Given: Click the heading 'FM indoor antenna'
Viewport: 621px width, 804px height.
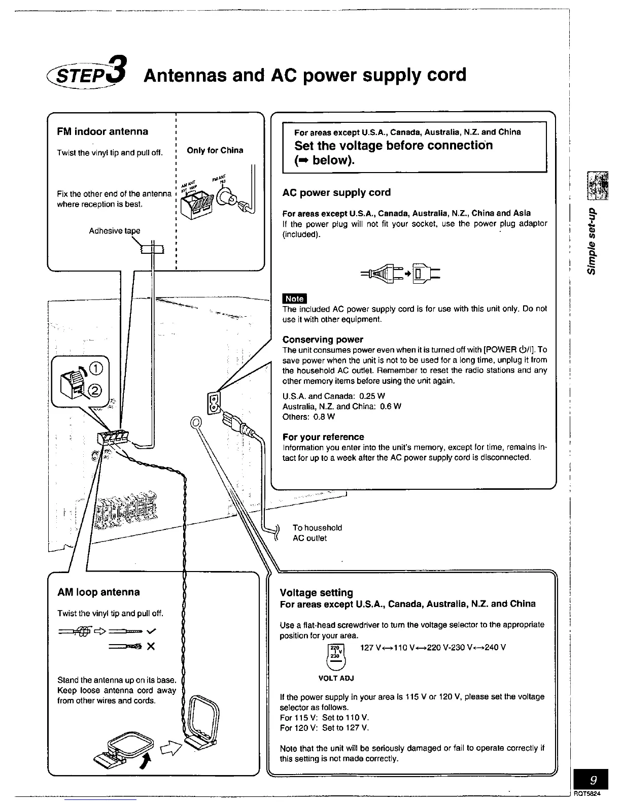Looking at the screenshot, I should pos(102,131).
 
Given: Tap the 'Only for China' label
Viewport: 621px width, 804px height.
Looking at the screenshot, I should pos(215,150).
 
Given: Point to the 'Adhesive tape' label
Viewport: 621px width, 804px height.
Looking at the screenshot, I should pos(114,231).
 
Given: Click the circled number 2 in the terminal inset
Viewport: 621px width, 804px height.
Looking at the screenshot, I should pos(96,390).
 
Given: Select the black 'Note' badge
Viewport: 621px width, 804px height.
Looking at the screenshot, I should pos(294,298).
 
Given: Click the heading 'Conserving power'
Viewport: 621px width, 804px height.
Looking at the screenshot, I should pos(323,339).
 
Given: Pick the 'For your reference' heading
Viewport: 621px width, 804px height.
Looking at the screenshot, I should pos(323,437).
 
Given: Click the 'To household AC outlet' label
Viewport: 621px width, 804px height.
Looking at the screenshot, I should pos(317,533).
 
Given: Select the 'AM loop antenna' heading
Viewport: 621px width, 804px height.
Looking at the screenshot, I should pos(98,592).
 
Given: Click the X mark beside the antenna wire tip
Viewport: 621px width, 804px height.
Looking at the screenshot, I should pos(150,647).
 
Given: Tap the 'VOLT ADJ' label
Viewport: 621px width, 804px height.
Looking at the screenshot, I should pos(335,678).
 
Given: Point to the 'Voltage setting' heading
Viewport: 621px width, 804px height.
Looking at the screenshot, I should pos(316,592).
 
